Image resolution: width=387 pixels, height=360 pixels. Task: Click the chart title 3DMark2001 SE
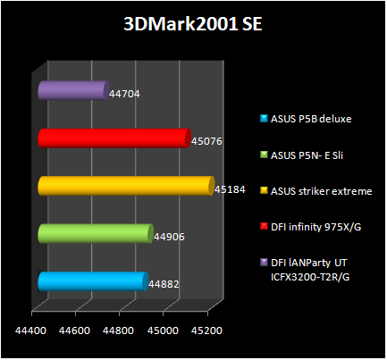coord(192,23)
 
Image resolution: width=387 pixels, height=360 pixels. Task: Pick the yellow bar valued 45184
coord(126,186)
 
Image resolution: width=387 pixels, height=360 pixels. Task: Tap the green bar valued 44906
coord(95,233)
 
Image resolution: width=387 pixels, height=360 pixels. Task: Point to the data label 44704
coord(124,93)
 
